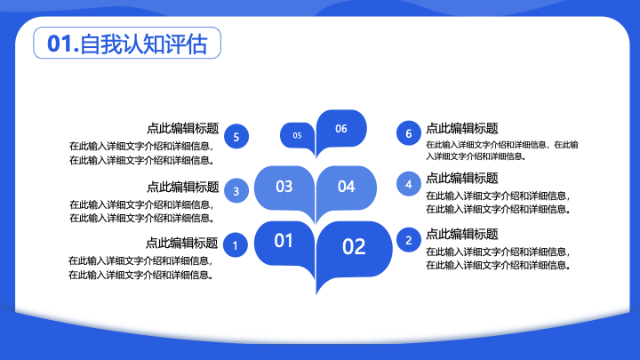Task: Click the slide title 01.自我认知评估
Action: pyautogui.click(x=127, y=44)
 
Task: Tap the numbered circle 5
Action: pyautogui.click(x=236, y=136)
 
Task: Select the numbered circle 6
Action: pyautogui.click(x=409, y=133)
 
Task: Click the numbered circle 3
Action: pyautogui.click(x=236, y=190)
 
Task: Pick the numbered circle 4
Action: pyautogui.click(x=409, y=184)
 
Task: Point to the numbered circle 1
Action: pyautogui.click(x=235, y=245)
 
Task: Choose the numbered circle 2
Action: pyautogui.click(x=409, y=240)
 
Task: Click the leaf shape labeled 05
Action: pyautogui.click(x=298, y=135)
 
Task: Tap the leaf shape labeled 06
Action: pyautogui.click(x=341, y=129)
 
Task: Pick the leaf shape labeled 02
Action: pyautogui.click(x=354, y=249)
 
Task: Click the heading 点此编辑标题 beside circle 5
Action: pyautogui.click(x=183, y=128)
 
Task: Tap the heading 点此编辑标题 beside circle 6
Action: pyautogui.click(x=462, y=128)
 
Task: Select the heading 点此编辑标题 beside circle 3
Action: pyautogui.click(x=183, y=187)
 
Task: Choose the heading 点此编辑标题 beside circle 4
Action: pyautogui.click(x=462, y=178)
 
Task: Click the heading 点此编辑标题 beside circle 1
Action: pyautogui.click(x=181, y=243)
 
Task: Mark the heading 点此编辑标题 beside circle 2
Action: pyautogui.click(x=462, y=234)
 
